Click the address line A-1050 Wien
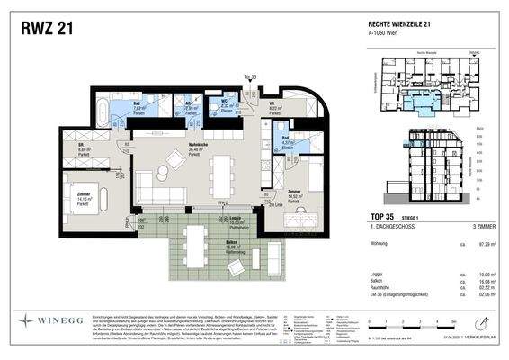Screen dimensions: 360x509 (386, 37)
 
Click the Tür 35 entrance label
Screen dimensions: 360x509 (250, 78)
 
